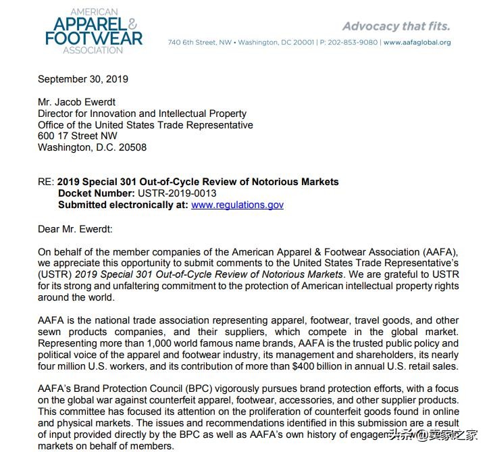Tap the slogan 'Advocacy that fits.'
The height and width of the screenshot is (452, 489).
(396, 26)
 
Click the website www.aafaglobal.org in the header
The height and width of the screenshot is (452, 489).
(417, 43)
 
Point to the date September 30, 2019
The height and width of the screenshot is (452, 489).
(83, 79)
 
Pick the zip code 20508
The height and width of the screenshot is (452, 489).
(132, 147)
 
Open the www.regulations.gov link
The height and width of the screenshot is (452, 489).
(237, 205)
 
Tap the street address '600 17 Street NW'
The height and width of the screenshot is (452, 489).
(78, 136)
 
